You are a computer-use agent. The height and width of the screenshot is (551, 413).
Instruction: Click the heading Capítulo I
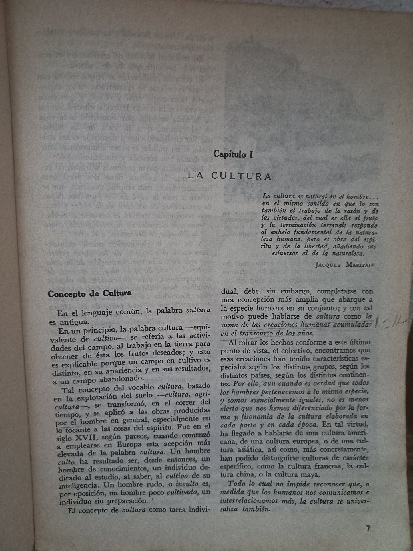click(x=234, y=155)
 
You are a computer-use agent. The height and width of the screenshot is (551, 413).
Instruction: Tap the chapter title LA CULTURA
click(x=230, y=176)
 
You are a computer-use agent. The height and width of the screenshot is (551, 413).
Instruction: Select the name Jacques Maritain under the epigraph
click(x=345, y=264)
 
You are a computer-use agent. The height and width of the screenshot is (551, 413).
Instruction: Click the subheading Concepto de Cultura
click(x=90, y=293)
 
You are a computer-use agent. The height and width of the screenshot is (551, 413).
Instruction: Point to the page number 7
click(x=368, y=528)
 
